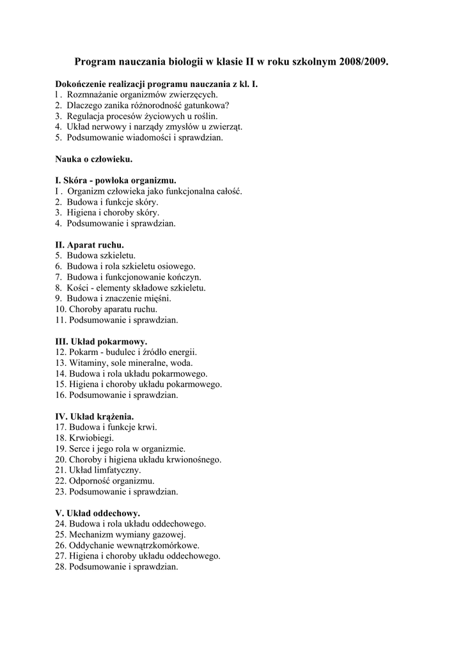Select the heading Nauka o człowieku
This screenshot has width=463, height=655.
coord(94,159)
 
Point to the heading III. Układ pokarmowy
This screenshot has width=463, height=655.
coord(101,342)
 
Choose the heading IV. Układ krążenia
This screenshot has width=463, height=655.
coord(95,417)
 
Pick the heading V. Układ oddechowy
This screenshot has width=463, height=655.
coord(98,513)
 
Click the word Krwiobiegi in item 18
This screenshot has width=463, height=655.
coord(91,438)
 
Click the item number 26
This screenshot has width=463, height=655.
coord(61,546)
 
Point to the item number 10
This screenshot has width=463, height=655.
coord(61,309)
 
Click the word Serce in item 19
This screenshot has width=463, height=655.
coord(80,449)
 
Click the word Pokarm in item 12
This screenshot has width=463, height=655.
coord(83,352)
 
